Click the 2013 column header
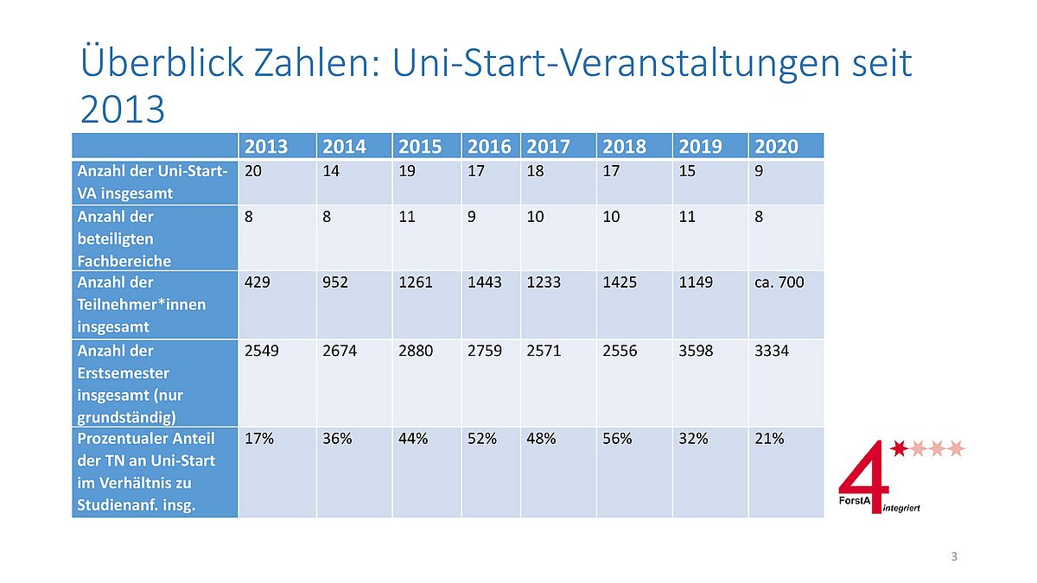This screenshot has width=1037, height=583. coord(267,146)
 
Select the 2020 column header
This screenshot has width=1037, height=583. coord(776,146)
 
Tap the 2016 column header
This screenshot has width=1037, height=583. coord(489,146)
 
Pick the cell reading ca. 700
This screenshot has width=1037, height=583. coord(779,282)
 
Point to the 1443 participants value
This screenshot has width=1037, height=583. coord(485,282)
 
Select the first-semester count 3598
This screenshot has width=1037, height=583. coord(697,352)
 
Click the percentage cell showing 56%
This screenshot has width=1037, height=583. coord(617,439)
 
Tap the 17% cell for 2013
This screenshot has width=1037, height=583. coord(259,439)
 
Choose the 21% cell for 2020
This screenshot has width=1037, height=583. coord(769,439)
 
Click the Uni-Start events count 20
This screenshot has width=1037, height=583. coord(253,171)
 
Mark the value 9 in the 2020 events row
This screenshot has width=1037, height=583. coord(759,171)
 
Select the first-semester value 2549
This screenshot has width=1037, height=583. coord(263,352)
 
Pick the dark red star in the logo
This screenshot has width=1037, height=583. coord(900,448)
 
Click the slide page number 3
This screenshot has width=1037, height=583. coord(954,556)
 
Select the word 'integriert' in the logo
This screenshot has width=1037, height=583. coord(902,508)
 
